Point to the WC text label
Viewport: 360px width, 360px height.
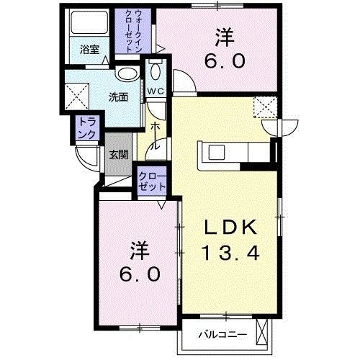pyautogui.click(x=155, y=91)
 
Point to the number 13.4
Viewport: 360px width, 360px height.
pyautogui.click(x=228, y=253)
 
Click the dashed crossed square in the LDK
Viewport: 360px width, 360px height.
pyautogui.click(x=264, y=109)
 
